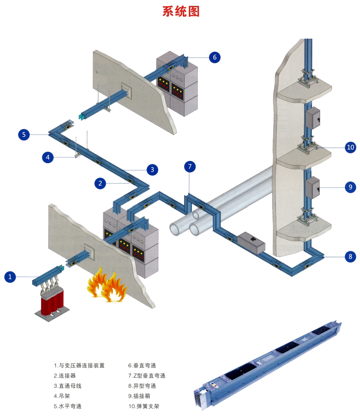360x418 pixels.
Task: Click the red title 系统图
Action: coord(181,11)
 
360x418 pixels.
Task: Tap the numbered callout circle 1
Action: coord(10,277)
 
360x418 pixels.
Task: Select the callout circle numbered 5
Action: coord(24,134)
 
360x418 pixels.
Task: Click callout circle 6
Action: coord(214,57)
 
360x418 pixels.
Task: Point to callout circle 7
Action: coord(190,167)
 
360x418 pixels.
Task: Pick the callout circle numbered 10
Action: coord(350,147)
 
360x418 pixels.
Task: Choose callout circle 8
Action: coord(350,256)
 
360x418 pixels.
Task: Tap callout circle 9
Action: coord(350,187)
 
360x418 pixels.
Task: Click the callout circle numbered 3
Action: coord(152,169)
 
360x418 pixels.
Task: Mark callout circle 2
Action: coord(100,184)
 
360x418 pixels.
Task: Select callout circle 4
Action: coord(47,157)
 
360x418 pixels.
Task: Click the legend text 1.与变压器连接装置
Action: coord(79,366)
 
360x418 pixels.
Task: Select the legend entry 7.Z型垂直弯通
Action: coord(147,375)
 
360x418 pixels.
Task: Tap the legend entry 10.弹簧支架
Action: coord(144,406)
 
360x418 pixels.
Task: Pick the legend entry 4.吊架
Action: coord(62,396)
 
